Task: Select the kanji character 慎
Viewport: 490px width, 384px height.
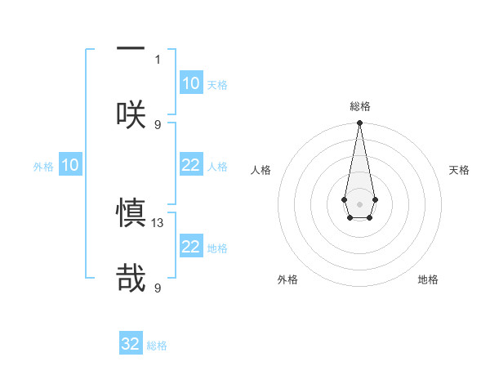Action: pos(131,212)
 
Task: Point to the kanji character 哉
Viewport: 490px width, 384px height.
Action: pos(131,278)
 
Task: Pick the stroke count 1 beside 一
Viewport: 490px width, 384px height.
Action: pos(158,60)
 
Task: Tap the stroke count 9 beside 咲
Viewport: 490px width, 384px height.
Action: pos(158,124)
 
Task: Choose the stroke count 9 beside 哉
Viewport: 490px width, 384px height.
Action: pos(158,288)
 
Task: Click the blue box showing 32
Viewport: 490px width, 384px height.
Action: pos(131,344)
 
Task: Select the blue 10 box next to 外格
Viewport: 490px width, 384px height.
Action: pos(70,165)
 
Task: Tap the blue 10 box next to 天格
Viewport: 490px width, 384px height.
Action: pos(191,83)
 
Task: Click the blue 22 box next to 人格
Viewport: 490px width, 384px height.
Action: pos(191,165)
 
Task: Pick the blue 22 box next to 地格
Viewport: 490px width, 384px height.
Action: pos(191,247)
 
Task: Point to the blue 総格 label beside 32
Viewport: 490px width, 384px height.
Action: pos(157,346)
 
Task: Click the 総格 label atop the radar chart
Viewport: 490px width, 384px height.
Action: pos(359,107)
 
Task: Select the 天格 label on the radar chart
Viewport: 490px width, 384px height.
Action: pos(459,170)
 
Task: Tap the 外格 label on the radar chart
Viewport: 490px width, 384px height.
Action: pos(287,279)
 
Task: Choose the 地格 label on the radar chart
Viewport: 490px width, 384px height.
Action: pos(428,279)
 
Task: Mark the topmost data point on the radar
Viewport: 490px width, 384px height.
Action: pos(359,123)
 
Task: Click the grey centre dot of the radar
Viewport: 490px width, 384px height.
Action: pos(359,203)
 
